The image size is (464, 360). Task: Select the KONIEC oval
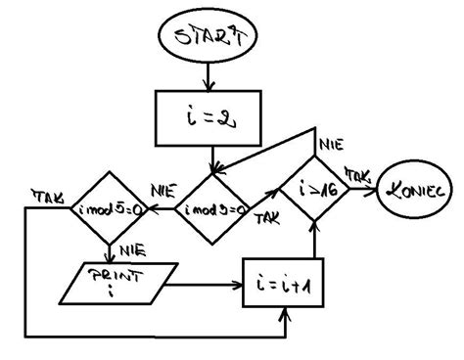click(415, 191)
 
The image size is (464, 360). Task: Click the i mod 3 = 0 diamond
click(213, 208)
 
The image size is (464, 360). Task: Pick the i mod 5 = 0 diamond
click(110, 208)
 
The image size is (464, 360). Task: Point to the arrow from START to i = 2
click(207, 76)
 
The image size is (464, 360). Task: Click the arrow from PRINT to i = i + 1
click(206, 286)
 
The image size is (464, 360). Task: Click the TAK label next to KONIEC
click(356, 173)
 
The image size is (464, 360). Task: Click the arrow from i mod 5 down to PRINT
click(111, 250)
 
